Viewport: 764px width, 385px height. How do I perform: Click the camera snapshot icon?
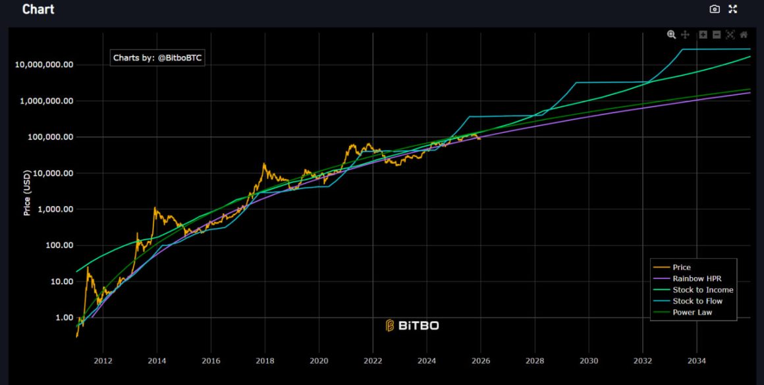[x=715, y=9]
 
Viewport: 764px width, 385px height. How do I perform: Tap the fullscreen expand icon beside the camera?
[x=732, y=9]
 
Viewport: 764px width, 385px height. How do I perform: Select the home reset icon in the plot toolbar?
[x=744, y=34]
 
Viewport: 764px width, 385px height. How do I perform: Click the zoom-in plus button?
[x=703, y=34]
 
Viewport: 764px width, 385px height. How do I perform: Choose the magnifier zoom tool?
[x=671, y=34]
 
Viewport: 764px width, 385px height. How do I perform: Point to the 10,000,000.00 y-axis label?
[x=42, y=65]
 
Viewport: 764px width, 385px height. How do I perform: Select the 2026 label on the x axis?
[x=481, y=361]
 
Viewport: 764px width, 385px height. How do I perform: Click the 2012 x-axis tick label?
[x=103, y=361]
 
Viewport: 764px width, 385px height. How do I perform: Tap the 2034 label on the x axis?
[x=697, y=361]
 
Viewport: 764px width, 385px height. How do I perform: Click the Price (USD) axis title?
[x=27, y=192]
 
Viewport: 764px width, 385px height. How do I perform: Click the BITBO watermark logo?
[x=412, y=326]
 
